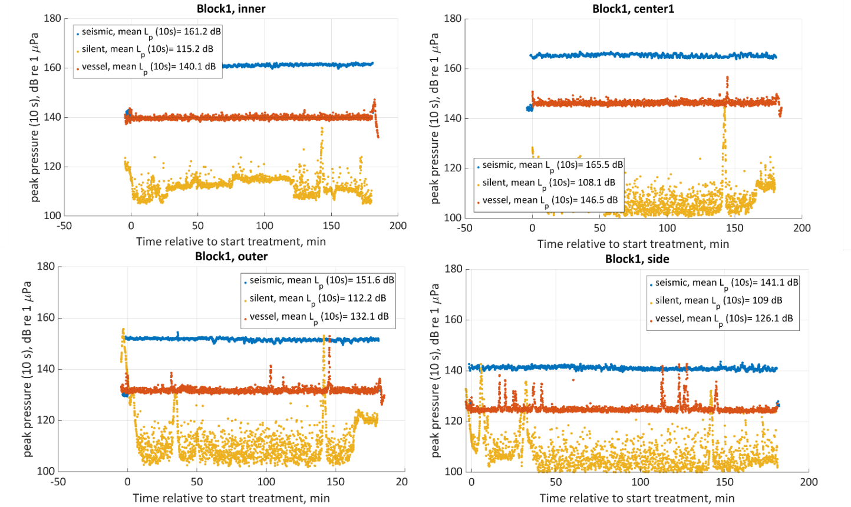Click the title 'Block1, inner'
coord(231,9)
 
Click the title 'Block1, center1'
coord(633,9)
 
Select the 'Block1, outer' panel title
coord(231,257)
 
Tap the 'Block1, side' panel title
coord(637,259)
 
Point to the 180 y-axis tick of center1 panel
coord(453,19)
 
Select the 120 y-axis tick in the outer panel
coord(46,420)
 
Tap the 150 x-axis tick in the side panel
coord(725,482)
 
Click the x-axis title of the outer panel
coord(231,498)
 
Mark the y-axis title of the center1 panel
coord(435,118)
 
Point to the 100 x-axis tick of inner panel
coord(265,226)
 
